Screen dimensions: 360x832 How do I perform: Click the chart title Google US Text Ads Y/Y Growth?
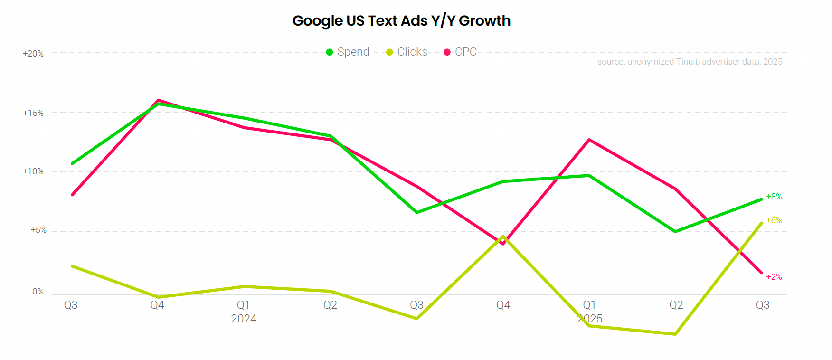tap(401, 21)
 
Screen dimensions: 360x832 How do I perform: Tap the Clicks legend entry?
tap(407, 52)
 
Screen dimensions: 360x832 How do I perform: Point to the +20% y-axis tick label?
tap(33, 54)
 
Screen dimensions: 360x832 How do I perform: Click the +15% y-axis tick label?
tap(33, 113)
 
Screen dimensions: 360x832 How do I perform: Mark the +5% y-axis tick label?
tap(38, 230)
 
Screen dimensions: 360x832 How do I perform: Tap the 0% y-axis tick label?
tap(38, 292)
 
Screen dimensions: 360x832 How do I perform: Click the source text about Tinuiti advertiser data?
tap(690, 62)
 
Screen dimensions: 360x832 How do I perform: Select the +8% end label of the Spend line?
tap(774, 197)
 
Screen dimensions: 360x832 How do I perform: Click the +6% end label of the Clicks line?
tap(774, 220)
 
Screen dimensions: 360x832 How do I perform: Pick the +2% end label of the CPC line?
tap(774, 277)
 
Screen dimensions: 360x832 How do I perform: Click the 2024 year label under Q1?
tap(244, 319)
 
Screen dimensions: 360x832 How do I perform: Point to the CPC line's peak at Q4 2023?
tap(158, 100)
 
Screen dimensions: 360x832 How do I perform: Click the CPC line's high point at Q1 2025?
tap(589, 140)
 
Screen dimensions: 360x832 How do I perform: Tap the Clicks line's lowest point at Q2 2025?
tap(675, 334)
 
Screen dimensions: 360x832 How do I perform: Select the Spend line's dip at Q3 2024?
tap(417, 212)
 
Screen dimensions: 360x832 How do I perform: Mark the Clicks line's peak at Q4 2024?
tap(503, 236)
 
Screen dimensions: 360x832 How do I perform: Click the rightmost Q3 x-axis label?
tap(762, 305)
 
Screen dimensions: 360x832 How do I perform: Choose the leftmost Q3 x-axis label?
tap(71, 305)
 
